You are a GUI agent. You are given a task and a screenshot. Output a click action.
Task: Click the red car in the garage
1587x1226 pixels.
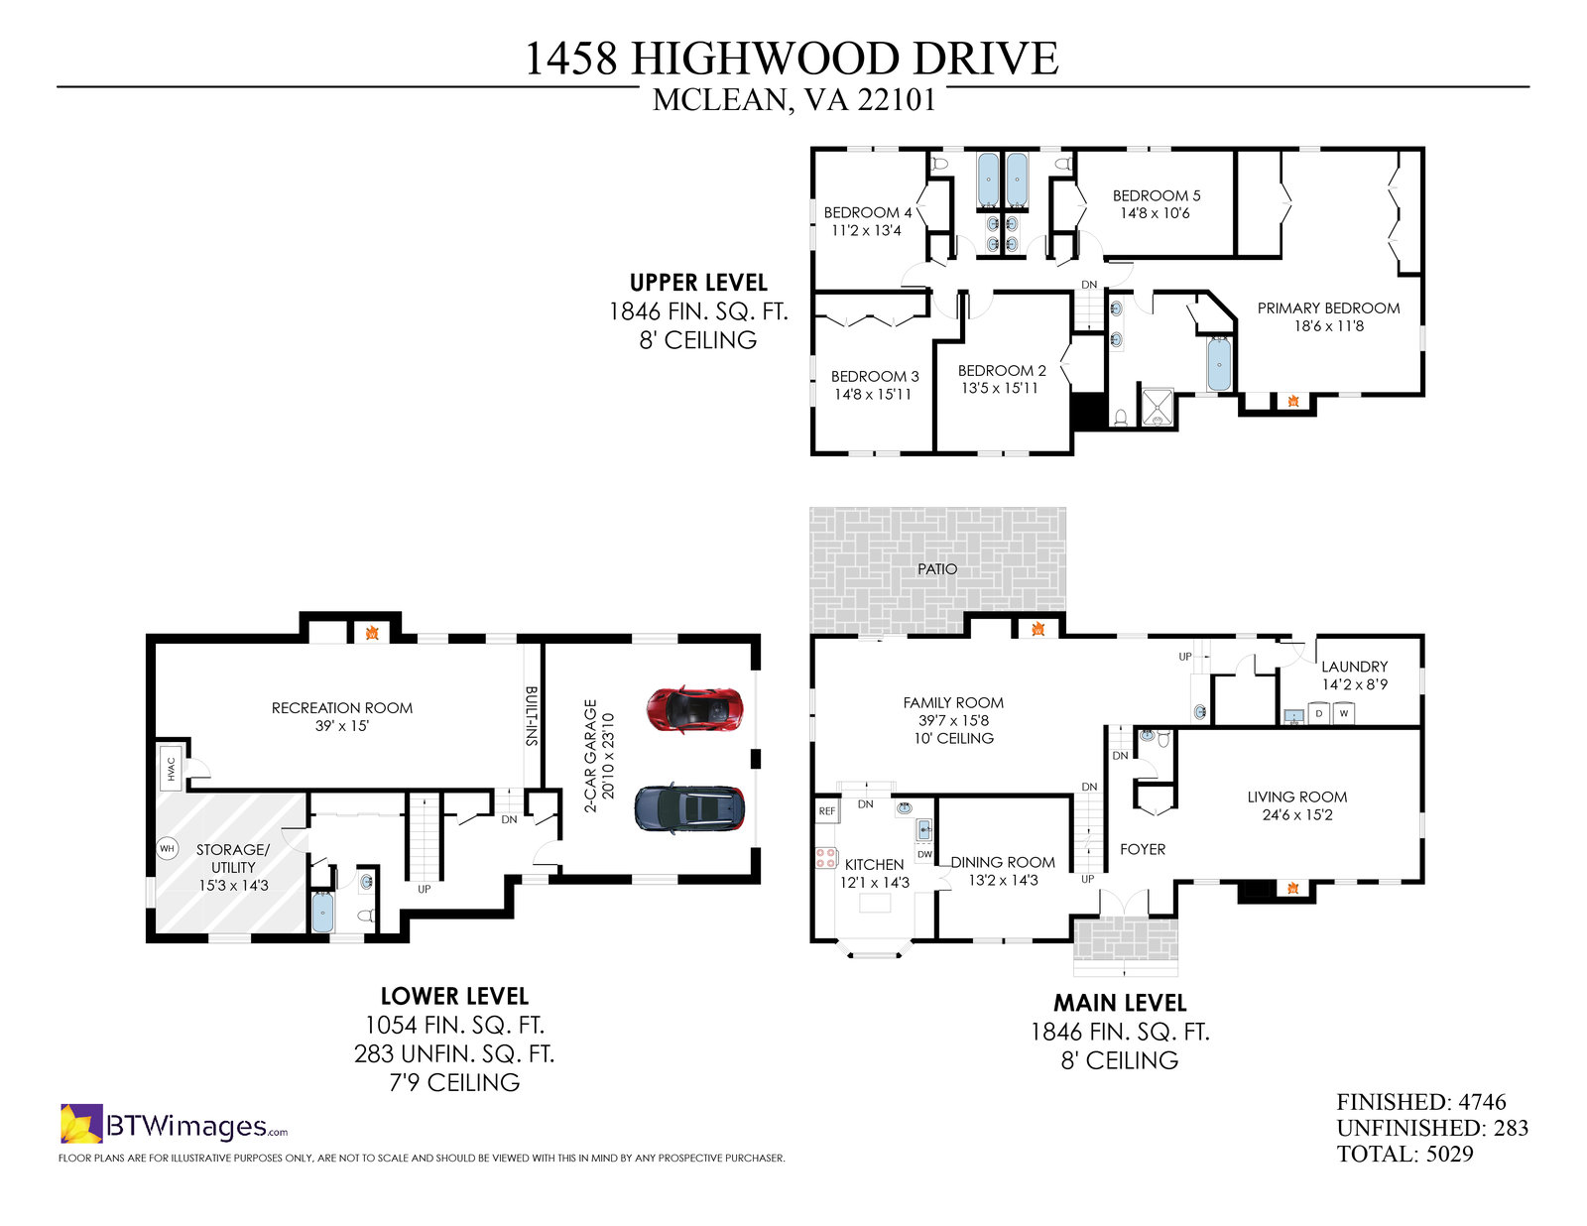click(694, 708)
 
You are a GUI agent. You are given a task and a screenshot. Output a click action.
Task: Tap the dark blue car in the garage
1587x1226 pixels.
click(689, 808)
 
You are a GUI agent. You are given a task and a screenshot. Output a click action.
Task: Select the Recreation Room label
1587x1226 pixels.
click(342, 707)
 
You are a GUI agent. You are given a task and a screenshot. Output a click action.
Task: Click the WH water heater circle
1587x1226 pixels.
click(168, 848)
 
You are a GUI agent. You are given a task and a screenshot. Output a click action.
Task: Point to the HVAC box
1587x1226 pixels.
click(171, 768)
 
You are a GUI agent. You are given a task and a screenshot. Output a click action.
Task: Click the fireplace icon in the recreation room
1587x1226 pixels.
click(372, 632)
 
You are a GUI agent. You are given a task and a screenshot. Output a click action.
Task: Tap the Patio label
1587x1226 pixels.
click(937, 568)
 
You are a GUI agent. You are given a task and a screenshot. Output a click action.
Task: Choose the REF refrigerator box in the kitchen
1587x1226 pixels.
click(827, 810)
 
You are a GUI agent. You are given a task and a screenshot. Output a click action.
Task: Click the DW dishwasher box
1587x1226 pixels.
click(924, 854)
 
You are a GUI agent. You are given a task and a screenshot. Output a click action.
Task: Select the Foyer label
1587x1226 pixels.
click(1143, 849)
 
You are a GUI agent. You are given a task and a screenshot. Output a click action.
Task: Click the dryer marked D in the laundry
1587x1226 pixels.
click(1318, 713)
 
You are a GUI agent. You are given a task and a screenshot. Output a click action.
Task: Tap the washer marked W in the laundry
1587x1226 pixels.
click(1344, 713)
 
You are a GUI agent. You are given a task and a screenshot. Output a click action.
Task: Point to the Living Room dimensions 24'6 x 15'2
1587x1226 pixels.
click(1297, 815)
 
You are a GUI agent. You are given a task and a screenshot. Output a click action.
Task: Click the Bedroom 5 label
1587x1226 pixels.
click(1157, 195)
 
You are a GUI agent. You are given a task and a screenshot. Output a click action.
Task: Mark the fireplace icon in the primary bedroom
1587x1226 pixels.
click(1293, 401)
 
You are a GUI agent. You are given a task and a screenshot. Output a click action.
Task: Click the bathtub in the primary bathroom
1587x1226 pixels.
click(1219, 364)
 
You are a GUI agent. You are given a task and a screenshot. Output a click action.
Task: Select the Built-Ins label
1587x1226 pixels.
click(532, 715)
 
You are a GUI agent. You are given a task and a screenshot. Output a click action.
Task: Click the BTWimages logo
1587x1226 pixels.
click(174, 1125)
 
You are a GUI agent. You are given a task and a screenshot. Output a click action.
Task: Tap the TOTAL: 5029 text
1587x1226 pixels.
click(1404, 1155)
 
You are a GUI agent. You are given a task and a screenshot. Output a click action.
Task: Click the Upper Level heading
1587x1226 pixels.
click(698, 283)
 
